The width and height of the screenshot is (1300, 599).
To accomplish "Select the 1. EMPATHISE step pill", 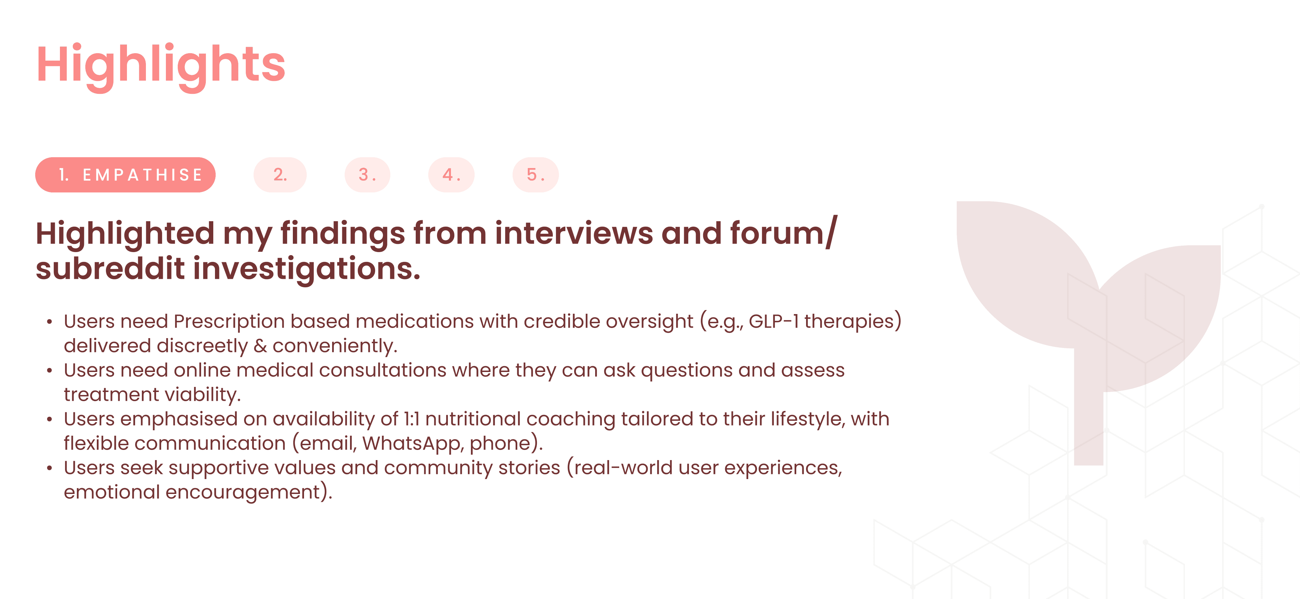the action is [125, 175].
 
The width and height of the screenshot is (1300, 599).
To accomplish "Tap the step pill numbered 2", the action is [280, 175].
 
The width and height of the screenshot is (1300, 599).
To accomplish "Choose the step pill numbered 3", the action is [367, 175].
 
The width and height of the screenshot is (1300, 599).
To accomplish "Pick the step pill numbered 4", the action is [451, 175].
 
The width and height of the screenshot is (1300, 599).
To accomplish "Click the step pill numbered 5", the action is [536, 175].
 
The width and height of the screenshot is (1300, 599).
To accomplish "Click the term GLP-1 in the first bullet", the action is [774, 321].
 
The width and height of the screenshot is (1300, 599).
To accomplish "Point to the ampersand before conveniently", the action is [260, 346].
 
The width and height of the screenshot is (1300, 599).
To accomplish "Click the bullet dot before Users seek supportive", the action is [49, 468].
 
